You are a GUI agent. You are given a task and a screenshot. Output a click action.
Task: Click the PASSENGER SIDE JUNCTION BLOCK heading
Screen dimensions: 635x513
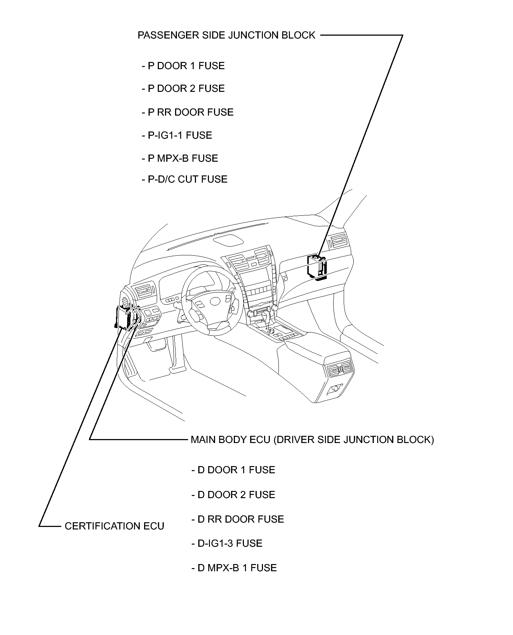[226, 35]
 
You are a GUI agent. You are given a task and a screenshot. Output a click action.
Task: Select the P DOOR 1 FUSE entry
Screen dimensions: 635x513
[183, 66]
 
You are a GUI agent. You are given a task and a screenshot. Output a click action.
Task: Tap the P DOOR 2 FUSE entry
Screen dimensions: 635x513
[183, 89]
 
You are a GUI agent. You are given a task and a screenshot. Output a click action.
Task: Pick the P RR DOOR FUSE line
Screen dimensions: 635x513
[188, 112]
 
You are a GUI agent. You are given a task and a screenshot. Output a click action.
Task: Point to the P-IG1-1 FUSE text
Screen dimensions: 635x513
[177, 135]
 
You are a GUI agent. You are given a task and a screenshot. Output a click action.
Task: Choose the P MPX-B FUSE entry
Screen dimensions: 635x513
[180, 158]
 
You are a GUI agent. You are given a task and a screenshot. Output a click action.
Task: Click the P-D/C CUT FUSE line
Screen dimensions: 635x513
[185, 179]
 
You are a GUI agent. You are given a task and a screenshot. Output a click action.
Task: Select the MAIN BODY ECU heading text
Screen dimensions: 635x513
[312, 440]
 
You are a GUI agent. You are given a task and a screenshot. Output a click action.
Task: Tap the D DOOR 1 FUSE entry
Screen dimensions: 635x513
[233, 470]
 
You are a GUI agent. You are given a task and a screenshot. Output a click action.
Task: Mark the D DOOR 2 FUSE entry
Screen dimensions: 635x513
[233, 495]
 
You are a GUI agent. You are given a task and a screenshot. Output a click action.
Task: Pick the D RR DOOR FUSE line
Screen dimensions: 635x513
[238, 519]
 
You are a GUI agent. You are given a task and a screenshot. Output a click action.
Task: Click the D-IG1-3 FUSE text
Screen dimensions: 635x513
[227, 544]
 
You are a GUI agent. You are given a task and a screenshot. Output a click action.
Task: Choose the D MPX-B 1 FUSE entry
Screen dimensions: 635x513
[234, 568]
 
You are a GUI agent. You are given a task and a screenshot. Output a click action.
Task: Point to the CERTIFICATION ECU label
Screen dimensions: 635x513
[114, 526]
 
